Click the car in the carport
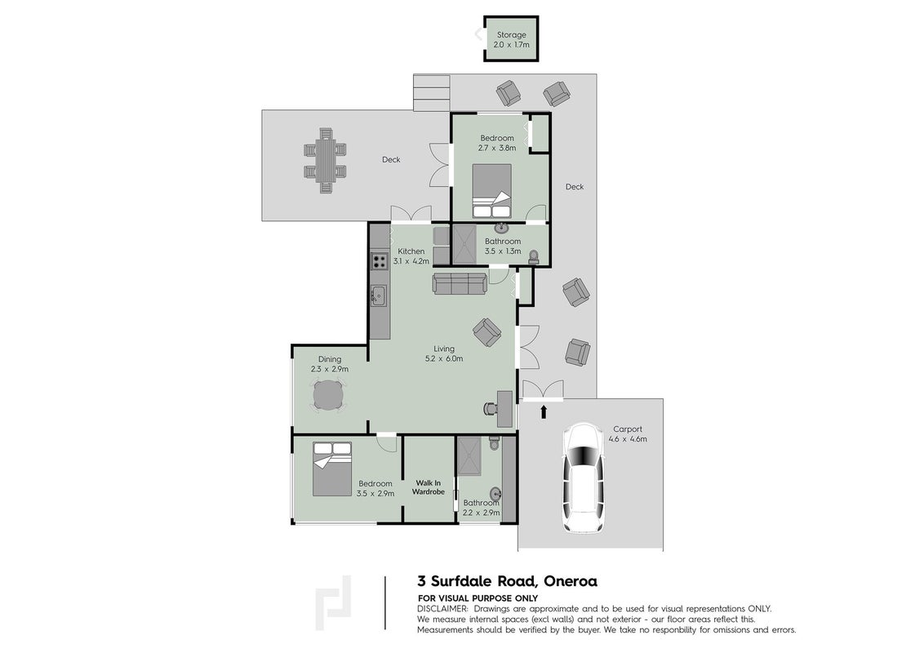tap(584, 478)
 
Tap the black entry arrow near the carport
tap(544, 411)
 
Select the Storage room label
tap(512, 35)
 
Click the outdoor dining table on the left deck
tap(326, 160)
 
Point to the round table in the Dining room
tap(328, 395)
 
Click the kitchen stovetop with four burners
tap(380, 261)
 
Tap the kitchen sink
tap(379, 295)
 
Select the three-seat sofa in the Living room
tap(460, 283)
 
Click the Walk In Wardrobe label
tap(428, 487)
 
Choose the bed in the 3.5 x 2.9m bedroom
tap(331, 469)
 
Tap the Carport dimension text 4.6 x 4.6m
tap(628, 439)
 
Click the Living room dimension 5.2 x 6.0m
tap(444, 358)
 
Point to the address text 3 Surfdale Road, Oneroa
tap(508, 581)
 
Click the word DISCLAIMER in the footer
tap(442, 609)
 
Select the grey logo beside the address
tap(333, 603)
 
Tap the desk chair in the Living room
tap(491, 408)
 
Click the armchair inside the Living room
tap(487, 332)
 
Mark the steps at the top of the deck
tap(431, 92)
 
